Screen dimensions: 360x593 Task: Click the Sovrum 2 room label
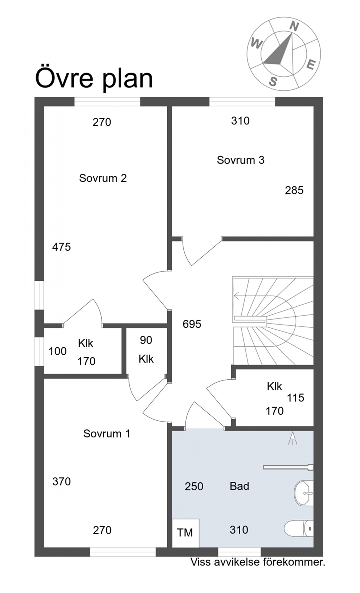(103, 178)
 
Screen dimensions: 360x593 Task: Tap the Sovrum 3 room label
(241, 160)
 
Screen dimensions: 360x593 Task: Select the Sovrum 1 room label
(107, 434)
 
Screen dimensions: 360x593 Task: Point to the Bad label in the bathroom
(240, 486)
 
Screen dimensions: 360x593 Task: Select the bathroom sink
(304, 493)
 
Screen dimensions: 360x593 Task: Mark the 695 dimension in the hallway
(192, 324)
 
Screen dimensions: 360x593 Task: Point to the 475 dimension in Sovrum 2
(61, 247)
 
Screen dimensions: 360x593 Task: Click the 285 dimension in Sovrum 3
(294, 190)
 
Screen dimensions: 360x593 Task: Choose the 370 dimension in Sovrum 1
(61, 482)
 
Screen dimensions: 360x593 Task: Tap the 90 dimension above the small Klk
(146, 340)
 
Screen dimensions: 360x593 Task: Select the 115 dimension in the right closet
(296, 398)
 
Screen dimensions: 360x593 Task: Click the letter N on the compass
(294, 26)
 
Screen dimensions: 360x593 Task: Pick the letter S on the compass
(273, 82)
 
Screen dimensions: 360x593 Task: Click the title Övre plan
(94, 79)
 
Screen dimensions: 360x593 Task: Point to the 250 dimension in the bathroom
(194, 487)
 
